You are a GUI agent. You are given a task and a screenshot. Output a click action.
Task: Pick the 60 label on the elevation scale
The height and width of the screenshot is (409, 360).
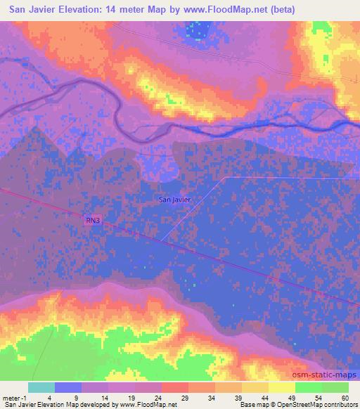(345, 398)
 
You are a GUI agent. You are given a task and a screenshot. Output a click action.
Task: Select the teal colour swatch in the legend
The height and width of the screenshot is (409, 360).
(42, 387)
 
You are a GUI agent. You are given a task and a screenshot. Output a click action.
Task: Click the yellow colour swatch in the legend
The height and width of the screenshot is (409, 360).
(282, 387)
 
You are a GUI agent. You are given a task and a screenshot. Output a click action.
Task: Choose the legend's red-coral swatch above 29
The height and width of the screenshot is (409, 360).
(175, 387)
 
